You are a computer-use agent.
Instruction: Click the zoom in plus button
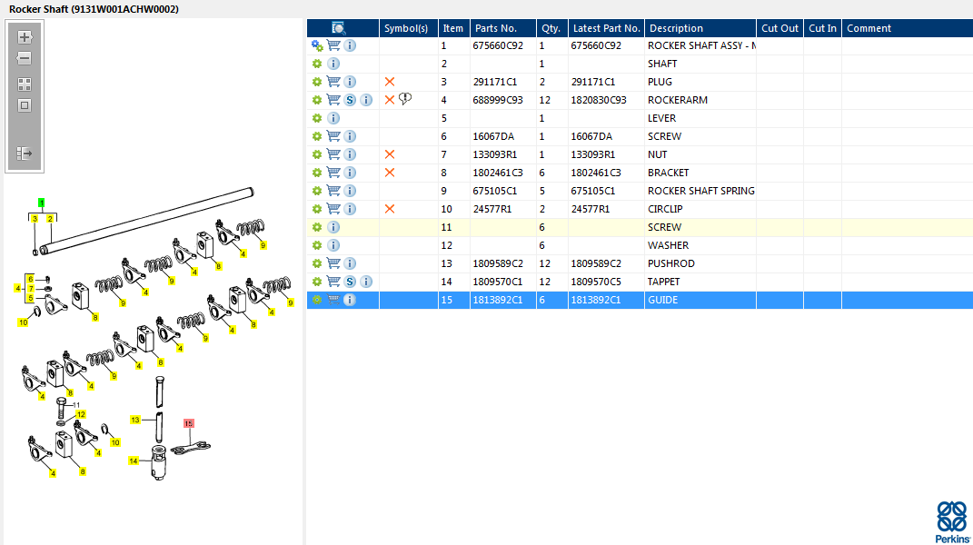25,37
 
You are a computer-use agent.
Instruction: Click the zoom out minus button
25,58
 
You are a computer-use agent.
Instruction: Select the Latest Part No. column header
606,28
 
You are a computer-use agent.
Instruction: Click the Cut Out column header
780,28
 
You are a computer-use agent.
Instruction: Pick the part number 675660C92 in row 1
498,45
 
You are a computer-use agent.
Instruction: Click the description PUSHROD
670,263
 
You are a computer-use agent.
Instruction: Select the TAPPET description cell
663,282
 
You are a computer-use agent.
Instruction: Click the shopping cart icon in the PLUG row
333,82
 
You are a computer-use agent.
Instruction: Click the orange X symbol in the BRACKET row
390,173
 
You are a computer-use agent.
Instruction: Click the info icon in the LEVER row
333,118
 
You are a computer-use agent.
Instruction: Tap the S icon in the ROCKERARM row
350,100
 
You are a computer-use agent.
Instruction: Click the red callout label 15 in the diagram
189,423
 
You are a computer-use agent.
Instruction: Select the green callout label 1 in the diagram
42,203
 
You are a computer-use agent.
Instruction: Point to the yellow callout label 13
135,421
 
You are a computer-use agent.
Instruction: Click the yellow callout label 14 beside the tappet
134,461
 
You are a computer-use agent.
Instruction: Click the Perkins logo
952,522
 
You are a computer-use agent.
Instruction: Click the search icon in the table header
338,28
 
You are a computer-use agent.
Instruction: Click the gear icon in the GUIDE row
317,300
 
